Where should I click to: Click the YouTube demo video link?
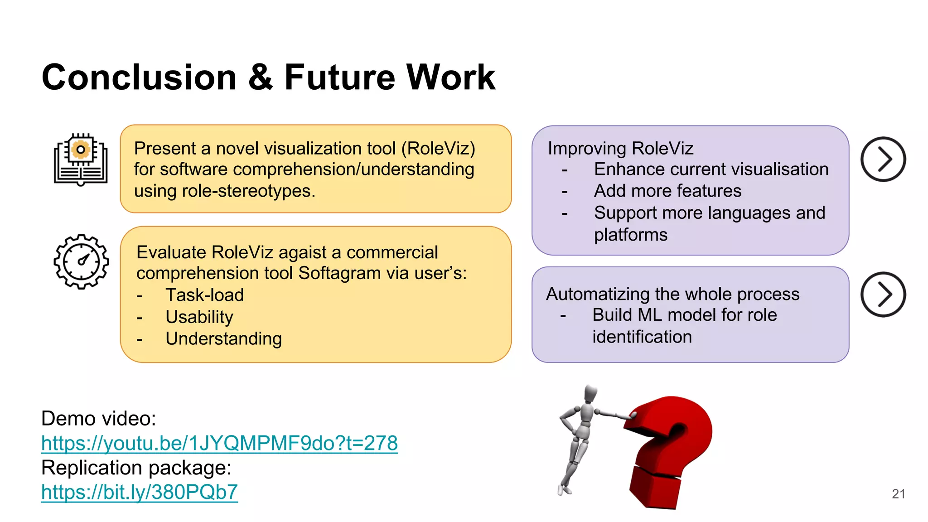(219, 443)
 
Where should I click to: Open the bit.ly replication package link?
(139, 492)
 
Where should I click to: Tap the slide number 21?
(898, 494)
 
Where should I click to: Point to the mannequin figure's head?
(590, 393)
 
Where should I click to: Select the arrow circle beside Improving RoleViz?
(883, 159)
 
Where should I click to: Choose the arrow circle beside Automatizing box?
(883, 295)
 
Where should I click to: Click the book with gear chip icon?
(81, 159)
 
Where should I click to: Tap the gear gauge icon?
(81, 261)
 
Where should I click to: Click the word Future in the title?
(339, 77)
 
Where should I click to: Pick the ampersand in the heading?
(261, 77)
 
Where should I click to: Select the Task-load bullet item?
(204, 295)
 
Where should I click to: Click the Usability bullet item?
(199, 317)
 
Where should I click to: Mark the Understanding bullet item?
(223, 338)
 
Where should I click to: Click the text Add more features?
(667, 191)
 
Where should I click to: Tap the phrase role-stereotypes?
(248, 191)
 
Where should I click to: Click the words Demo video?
(98, 418)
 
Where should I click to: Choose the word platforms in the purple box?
(630, 235)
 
